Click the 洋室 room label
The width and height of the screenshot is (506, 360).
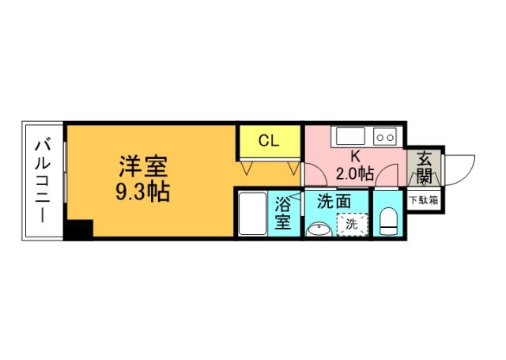(x=144, y=167)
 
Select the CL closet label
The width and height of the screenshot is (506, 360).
(x=269, y=142)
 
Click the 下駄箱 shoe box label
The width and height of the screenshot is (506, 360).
(x=425, y=200)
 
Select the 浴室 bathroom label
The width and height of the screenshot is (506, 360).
(x=283, y=214)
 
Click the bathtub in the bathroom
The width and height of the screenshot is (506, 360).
(x=252, y=214)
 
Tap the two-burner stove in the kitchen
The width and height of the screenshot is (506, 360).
(x=385, y=136)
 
